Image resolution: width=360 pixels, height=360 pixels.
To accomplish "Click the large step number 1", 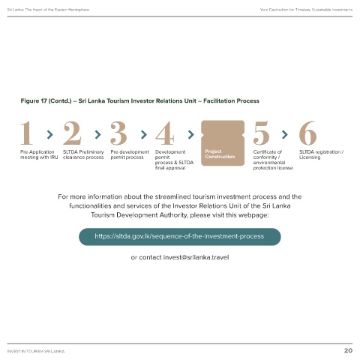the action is coord(27,133).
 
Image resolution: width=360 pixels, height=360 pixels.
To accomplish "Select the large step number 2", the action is coord(72,133).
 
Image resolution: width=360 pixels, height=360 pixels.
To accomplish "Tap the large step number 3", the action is coord(118,133).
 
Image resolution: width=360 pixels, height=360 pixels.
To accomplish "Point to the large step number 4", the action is coord(165,133).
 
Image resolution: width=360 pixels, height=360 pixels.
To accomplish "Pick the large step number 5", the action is coord(261,133).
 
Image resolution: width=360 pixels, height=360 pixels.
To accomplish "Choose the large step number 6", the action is coord(308,133).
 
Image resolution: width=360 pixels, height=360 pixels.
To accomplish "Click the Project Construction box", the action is coord(223,143).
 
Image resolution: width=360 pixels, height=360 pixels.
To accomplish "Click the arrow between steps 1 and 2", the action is coord(50,134).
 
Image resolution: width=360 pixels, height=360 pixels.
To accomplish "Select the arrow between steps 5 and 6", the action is coord(285,134).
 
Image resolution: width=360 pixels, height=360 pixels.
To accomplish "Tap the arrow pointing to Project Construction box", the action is coord(191,134).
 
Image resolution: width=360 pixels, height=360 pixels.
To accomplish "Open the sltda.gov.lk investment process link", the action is coord(179,236).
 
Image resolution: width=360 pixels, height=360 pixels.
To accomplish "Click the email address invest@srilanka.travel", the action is coord(196,257).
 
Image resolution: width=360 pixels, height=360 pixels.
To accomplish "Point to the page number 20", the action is coord(348,350).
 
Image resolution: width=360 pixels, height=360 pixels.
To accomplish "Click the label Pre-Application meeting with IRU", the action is coord(39,154).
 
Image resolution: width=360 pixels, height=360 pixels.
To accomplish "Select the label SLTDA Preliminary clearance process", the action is coord(83,154).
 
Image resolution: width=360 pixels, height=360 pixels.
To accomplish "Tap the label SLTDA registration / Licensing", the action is coord(321,154).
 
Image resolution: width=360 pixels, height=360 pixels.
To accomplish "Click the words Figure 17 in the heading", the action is coord(34,101).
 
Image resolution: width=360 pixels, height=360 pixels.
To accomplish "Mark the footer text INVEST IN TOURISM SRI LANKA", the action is coord(36,351).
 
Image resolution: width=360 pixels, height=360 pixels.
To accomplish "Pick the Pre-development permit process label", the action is coord(130,154).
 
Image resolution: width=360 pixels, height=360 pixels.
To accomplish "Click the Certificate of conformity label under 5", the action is coord(273,160).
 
